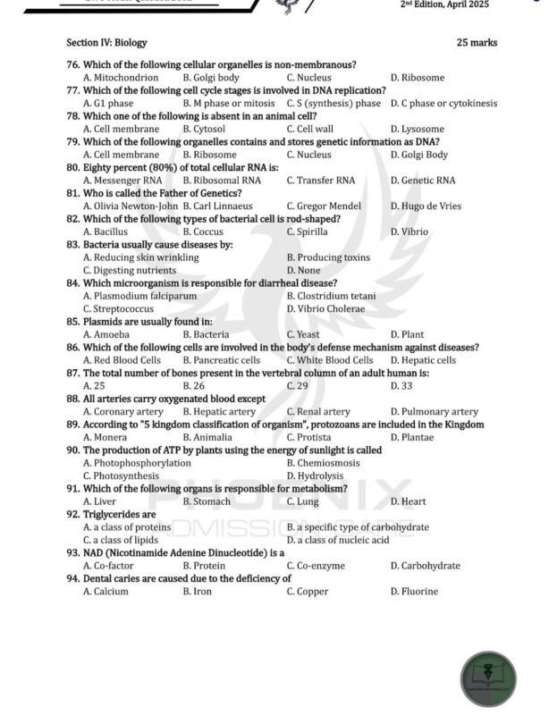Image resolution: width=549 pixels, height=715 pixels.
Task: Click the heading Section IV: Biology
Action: (106, 42)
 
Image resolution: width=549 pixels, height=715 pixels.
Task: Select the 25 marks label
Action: (477, 42)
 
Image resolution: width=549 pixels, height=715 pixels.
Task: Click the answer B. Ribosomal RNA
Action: (222, 181)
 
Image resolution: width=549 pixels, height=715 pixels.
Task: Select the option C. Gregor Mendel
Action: (324, 206)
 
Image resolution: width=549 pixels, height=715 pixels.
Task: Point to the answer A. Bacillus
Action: (106, 232)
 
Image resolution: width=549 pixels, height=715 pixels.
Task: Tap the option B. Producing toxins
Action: (328, 258)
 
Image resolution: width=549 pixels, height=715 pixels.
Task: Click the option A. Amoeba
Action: (106, 335)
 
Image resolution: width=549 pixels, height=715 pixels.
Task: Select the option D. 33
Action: (401, 386)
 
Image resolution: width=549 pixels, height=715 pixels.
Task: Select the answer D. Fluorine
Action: (414, 592)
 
